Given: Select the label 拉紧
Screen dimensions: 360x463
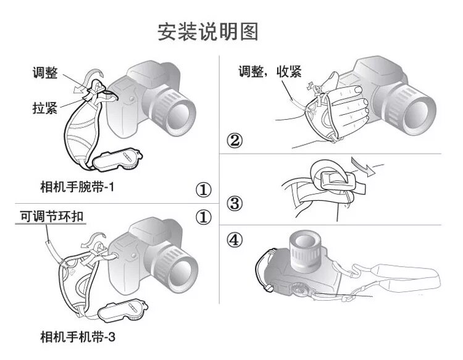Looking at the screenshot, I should [x=45, y=108].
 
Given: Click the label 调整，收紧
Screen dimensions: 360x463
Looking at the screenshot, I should [x=270, y=72].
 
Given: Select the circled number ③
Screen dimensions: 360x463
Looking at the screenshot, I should [x=234, y=202].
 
